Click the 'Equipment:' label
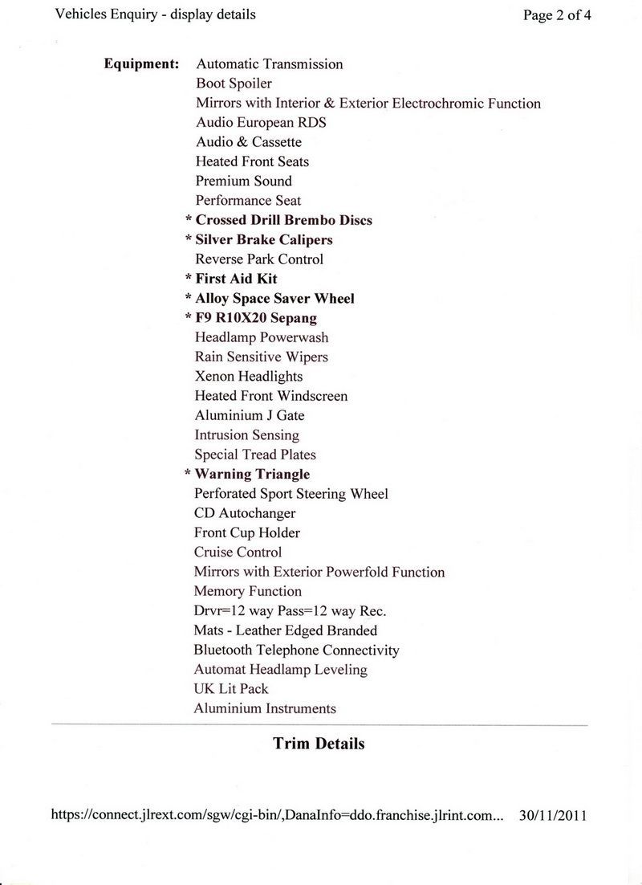tap(141, 64)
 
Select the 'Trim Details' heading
tap(319, 744)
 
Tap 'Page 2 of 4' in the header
tap(557, 15)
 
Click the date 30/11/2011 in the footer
tap(553, 815)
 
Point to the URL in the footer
tap(277, 815)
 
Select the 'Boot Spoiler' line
tap(234, 84)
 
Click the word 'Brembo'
tap(314, 220)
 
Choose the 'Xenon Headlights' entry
tap(249, 377)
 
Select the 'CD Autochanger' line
tap(245, 513)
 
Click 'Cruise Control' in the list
tap(238, 553)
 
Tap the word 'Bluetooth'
tap(223, 650)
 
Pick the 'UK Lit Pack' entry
tap(231, 689)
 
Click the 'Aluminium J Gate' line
tap(249, 416)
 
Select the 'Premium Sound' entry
tap(244, 181)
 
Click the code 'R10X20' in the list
tap(238, 318)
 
